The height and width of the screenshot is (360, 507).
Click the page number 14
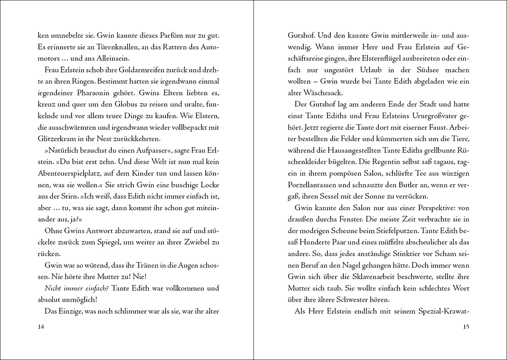tap(41, 327)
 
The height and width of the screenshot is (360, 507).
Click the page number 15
tap(466, 327)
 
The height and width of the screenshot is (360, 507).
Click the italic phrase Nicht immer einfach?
tap(76, 288)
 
